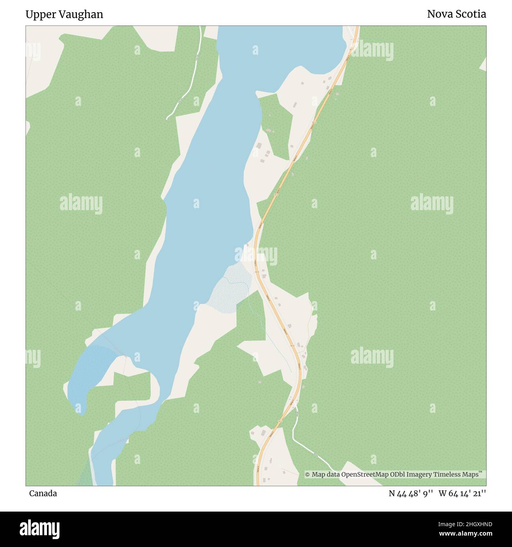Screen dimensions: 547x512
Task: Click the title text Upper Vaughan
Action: point(64,14)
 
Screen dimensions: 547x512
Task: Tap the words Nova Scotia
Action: point(456,14)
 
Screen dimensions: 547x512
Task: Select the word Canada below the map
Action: point(43,493)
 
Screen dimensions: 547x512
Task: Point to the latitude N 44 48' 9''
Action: point(411,493)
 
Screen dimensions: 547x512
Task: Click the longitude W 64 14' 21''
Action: point(462,493)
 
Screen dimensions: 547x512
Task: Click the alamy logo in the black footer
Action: point(39,529)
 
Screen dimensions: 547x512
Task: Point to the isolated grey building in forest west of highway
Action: point(259,382)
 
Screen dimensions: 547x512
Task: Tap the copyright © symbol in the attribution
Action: point(308,475)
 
